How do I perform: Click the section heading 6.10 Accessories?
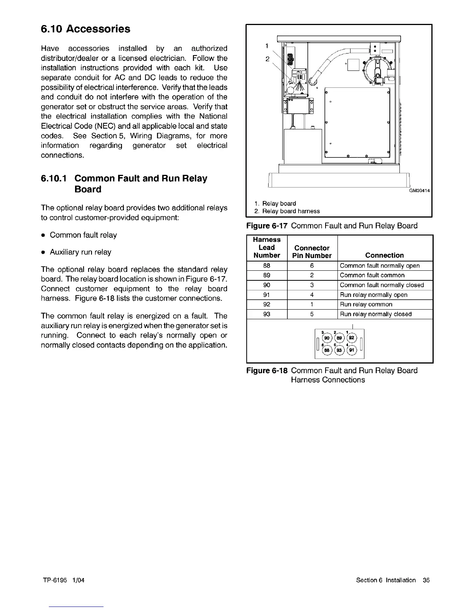coord(85,29)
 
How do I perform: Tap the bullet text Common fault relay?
coord(83,235)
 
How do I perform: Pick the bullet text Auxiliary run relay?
coord(80,252)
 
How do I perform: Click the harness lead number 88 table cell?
coord(267,266)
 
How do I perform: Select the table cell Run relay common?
coord(366,305)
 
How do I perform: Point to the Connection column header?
coord(384,255)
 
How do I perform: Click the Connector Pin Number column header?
coord(312,252)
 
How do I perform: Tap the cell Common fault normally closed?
coord(382,285)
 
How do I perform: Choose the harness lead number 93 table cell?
coord(267,314)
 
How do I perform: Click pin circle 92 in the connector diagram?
coord(351,338)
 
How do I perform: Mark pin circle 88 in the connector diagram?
coord(326,350)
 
